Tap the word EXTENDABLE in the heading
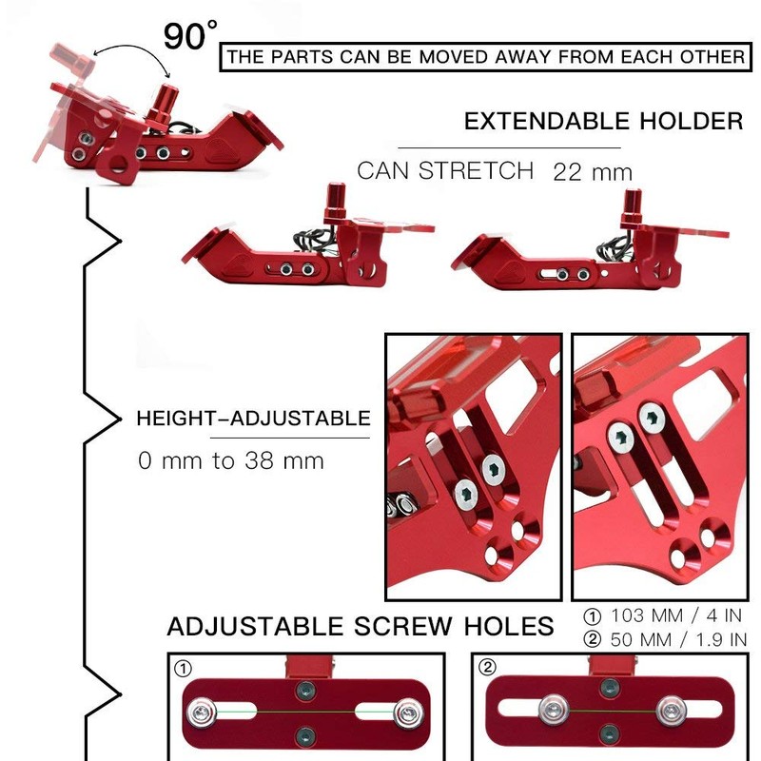click(547, 122)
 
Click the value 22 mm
click(593, 172)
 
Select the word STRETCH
click(476, 171)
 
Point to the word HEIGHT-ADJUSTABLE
click(253, 419)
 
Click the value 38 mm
click(283, 460)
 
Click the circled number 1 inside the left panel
click(183, 670)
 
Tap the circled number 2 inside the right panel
click(488, 668)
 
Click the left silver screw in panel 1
click(202, 712)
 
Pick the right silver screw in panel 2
click(672, 711)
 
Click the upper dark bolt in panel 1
click(305, 690)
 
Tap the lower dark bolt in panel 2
click(610, 732)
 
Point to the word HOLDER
click(692, 122)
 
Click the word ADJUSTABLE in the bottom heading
click(254, 626)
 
